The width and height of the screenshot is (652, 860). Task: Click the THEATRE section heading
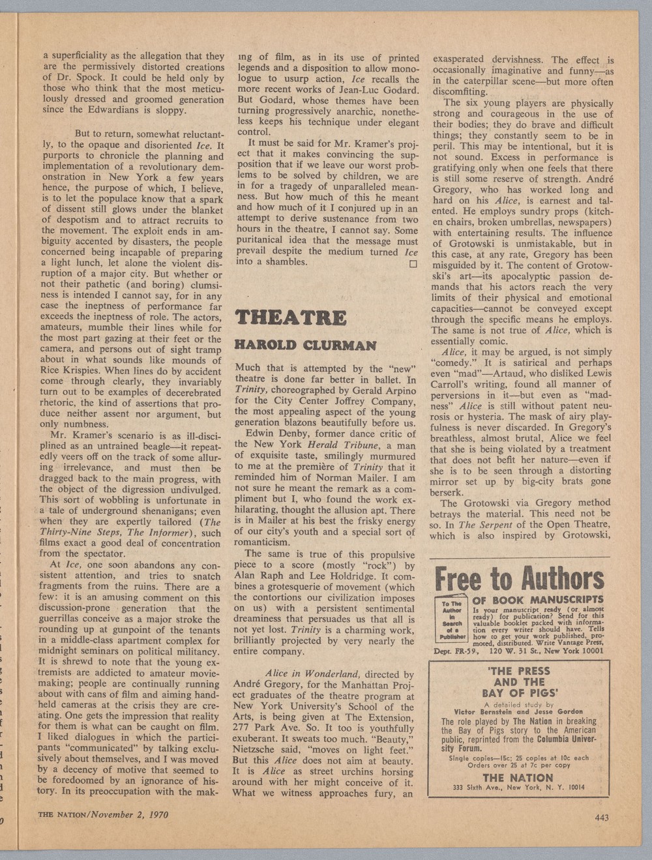290,318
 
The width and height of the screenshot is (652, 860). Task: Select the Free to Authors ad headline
519,578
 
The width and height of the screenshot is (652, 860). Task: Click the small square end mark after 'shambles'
412,265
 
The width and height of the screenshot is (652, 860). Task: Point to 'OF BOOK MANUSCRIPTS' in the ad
538,600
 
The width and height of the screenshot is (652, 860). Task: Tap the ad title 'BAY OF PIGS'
519,693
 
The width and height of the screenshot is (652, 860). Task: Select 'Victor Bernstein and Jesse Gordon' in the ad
518,711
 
